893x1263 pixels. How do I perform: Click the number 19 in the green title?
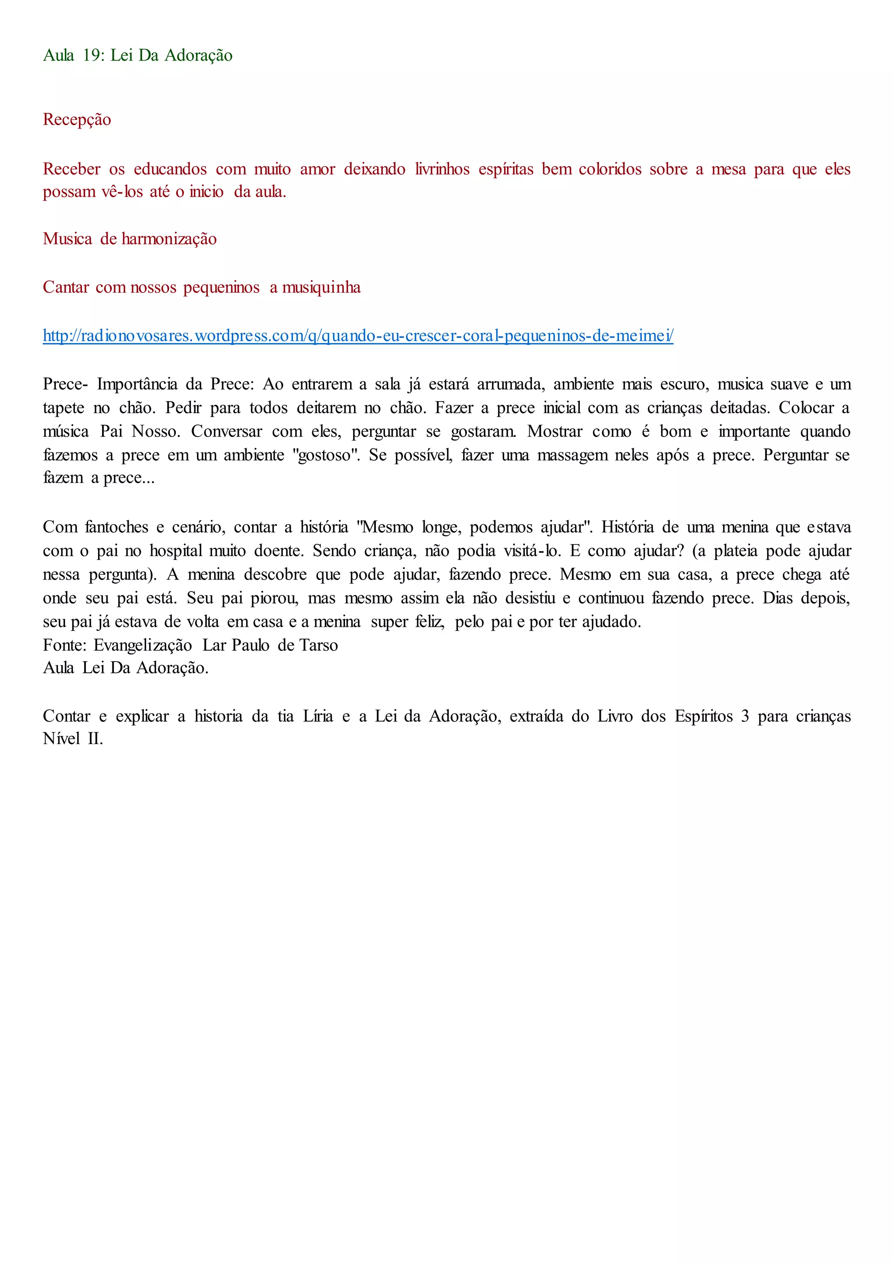click(93, 55)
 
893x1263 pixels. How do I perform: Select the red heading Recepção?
click(77, 120)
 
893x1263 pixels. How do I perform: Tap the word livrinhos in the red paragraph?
click(442, 169)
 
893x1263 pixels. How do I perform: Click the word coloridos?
click(610, 169)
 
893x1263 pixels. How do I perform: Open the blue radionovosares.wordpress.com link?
click(358, 335)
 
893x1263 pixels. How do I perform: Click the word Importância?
click(137, 384)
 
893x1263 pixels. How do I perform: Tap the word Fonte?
click(65, 645)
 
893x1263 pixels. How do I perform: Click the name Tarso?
click(318, 645)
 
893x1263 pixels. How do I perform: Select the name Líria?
click(318, 716)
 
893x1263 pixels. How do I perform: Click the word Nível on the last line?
click(61, 739)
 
